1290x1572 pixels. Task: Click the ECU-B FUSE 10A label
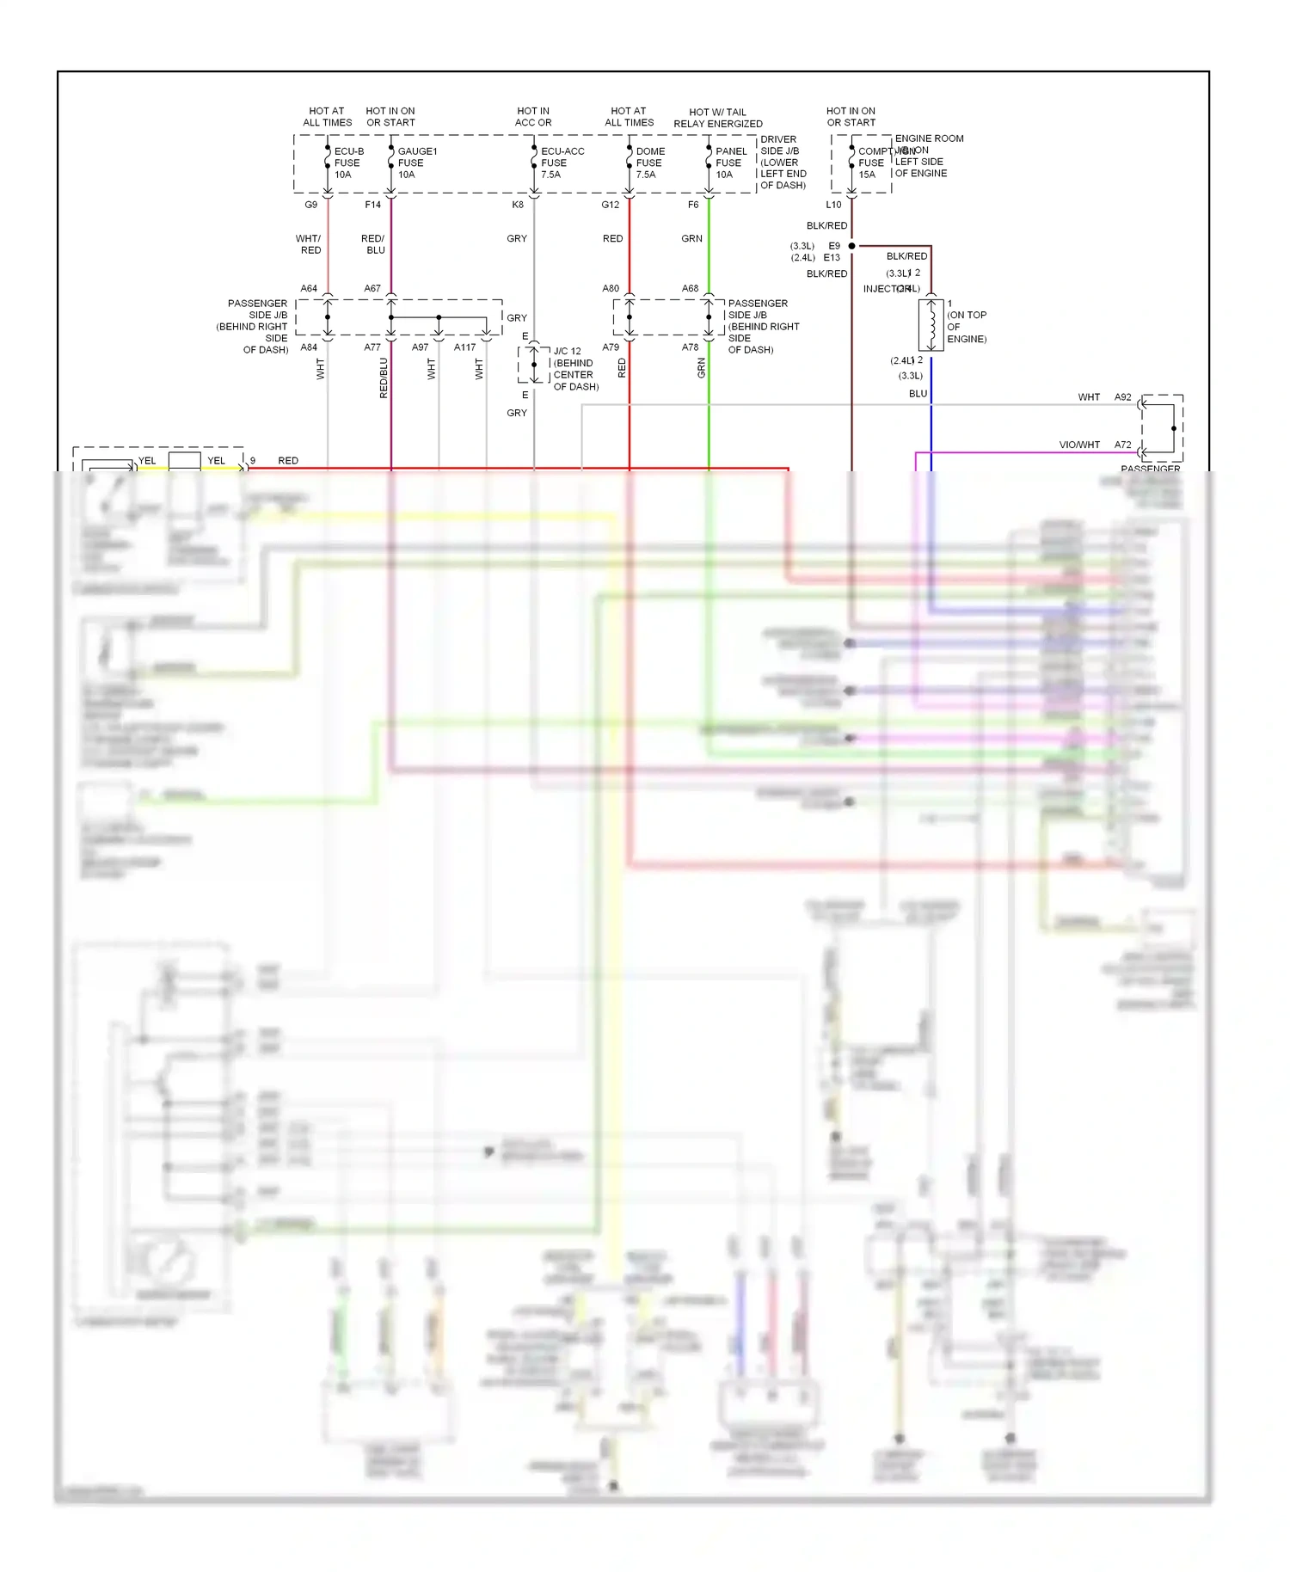(x=348, y=163)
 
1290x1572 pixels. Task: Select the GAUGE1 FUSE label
(x=416, y=163)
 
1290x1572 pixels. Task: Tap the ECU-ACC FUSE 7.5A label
(x=562, y=163)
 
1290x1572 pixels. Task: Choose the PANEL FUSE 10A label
(x=730, y=163)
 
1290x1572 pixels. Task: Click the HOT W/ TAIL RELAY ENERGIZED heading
(x=717, y=118)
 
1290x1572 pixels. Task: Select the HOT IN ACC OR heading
(x=533, y=117)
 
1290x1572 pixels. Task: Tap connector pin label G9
(x=311, y=205)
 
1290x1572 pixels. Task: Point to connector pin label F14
(x=372, y=205)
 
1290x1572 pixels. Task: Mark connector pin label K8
(x=518, y=205)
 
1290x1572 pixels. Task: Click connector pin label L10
(x=833, y=205)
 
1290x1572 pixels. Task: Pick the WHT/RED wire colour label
(x=309, y=244)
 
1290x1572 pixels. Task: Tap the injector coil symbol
(x=931, y=325)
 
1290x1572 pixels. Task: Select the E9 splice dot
(x=852, y=246)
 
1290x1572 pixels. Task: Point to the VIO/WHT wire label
(x=1079, y=445)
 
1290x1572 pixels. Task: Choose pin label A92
(x=1123, y=397)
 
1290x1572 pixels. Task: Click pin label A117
(x=464, y=347)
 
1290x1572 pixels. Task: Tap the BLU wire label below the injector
(x=918, y=394)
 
